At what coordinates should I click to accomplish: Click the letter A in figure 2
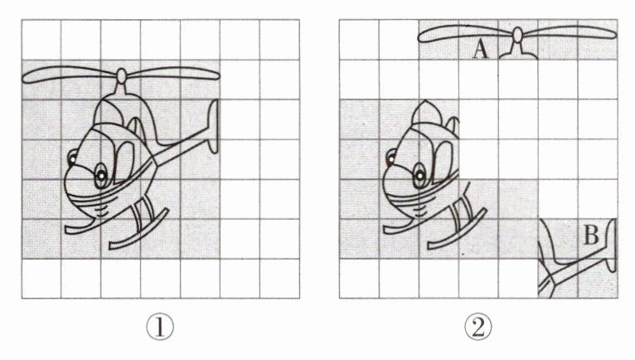pos(480,50)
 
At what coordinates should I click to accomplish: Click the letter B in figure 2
pos(591,235)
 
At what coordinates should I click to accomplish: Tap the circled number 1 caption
pos(160,328)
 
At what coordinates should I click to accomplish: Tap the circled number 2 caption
pos(478,328)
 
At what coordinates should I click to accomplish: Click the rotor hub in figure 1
pos(122,75)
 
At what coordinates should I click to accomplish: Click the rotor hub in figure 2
pos(517,35)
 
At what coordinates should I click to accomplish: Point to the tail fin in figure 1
pos(213,126)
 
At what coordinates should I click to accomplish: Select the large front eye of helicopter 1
pos(101,175)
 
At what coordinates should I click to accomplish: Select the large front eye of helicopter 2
pos(419,175)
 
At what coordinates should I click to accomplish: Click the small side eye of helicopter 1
pos(72,158)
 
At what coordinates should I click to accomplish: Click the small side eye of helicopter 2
pos(391,158)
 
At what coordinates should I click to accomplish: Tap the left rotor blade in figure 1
pos(70,75)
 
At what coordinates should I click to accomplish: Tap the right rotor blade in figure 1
pos(173,73)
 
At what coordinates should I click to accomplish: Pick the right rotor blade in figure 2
pos(570,32)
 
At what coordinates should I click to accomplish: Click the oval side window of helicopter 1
pos(124,162)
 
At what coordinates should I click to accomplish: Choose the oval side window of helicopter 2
pos(443,162)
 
